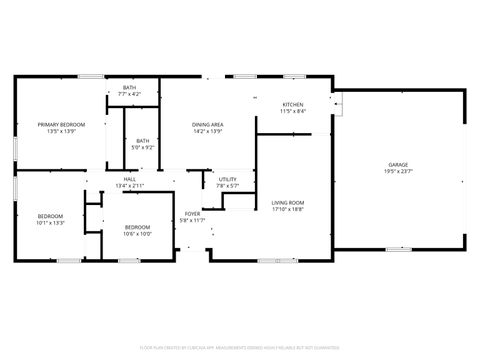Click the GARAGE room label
click(398, 164)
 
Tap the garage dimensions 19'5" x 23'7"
click(398, 171)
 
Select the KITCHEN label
click(292, 105)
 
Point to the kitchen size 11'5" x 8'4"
click(292, 111)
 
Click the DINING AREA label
click(208, 124)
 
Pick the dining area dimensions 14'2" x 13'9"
click(208, 131)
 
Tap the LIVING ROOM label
click(288, 203)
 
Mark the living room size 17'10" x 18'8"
click(288, 210)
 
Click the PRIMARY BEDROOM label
click(62, 124)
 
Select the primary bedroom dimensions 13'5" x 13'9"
click(62, 131)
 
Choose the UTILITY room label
click(227, 179)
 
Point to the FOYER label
click(191, 213)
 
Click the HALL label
click(130, 179)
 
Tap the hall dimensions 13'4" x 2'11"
click(130, 186)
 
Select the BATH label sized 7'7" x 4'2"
click(130, 87)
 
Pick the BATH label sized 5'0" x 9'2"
click(143, 141)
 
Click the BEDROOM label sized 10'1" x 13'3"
click(50, 216)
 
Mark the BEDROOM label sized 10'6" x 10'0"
click(137, 227)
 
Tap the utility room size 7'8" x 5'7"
click(227, 186)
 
